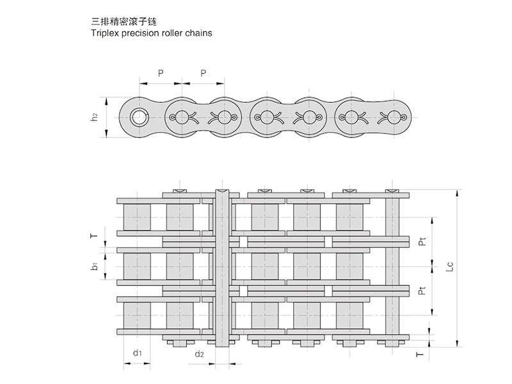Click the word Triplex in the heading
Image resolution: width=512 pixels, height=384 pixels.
tap(105, 31)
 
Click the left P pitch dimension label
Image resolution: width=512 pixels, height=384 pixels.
tap(161, 73)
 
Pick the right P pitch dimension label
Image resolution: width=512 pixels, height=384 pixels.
tap(203, 73)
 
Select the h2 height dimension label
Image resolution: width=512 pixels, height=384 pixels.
tap(94, 117)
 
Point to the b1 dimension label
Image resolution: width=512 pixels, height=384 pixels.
tap(94, 265)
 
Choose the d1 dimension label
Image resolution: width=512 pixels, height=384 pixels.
tap(137, 353)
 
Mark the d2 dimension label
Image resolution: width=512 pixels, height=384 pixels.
tap(199, 353)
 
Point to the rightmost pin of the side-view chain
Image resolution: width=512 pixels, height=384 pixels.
tap(393, 117)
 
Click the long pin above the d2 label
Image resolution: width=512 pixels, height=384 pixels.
tap(221, 269)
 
